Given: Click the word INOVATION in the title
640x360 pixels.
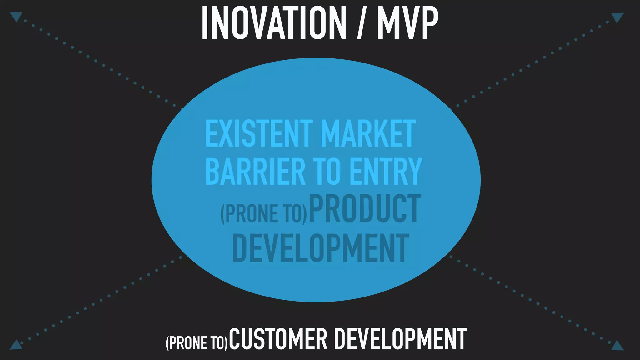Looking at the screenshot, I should click(x=274, y=23).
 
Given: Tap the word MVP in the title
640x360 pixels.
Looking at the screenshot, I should click(x=407, y=23).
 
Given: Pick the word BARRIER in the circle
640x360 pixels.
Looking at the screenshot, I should click(x=255, y=172).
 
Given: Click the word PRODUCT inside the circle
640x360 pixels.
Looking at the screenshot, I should click(x=365, y=209).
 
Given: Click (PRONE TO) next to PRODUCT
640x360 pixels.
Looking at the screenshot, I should click(x=264, y=214).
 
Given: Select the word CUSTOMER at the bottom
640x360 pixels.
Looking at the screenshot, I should click(x=278, y=339).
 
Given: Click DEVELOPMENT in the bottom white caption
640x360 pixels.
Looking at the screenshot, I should click(x=401, y=339).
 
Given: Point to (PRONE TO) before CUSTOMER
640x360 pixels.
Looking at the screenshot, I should click(x=197, y=343).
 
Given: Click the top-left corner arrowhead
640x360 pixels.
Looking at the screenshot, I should click(x=16, y=16).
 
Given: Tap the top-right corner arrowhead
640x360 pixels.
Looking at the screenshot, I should click(x=617, y=17).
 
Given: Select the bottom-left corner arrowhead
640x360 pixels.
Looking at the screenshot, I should click(x=16, y=344).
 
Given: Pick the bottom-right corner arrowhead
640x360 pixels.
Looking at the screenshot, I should click(x=617, y=345).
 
